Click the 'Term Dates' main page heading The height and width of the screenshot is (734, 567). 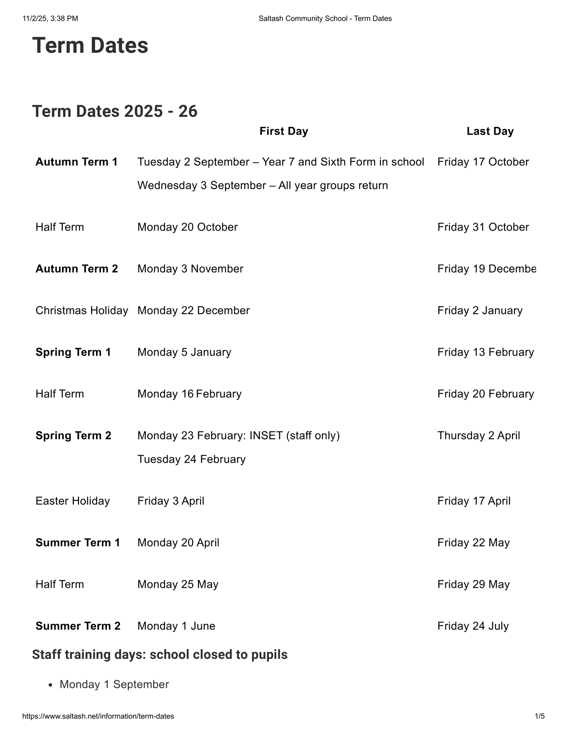tap(90, 46)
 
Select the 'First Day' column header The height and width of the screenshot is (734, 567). tap(283, 131)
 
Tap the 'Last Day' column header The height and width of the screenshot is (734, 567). tap(490, 131)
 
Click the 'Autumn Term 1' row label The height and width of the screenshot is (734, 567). tap(77, 162)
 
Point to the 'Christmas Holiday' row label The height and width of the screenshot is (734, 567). tap(82, 310)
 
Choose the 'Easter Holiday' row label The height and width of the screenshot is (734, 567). tap(73, 501)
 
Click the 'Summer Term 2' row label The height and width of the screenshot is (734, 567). tap(78, 626)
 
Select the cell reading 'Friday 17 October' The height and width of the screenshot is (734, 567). tap(483, 162)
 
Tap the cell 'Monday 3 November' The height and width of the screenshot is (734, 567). tap(190, 269)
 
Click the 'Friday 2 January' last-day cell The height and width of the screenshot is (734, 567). tap(480, 310)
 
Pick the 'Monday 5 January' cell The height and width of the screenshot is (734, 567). tap(184, 352)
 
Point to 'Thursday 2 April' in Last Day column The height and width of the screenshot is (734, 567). tap(479, 435)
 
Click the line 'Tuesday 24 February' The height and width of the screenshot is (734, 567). tap(191, 459)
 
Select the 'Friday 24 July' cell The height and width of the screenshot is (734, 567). tap(473, 626)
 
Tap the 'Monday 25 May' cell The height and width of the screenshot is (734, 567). tap(178, 584)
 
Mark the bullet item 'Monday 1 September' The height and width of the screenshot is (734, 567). tap(114, 684)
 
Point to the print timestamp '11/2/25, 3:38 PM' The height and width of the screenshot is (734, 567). tap(50, 18)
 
